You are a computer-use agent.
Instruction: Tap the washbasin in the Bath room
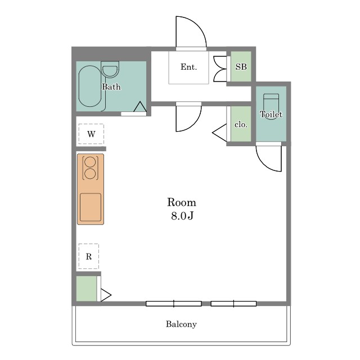click(x=110, y=69)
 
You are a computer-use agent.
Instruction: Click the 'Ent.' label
click(x=189, y=67)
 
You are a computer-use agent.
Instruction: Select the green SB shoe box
click(x=241, y=66)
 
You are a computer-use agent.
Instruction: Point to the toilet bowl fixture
click(x=271, y=106)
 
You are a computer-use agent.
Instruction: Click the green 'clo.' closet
click(x=241, y=124)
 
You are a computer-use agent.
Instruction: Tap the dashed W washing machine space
click(x=91, y=134)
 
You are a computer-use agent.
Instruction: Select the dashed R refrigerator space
click(x=89, y=256)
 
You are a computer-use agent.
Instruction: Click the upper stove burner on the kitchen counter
click(x=90, y=162)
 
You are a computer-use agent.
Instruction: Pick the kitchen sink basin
click(x=91, y=208)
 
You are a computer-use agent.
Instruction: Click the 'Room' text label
click(x=182, y=202)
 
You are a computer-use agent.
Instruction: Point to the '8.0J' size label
click(x=182, y=215)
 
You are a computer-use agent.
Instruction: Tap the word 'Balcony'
click(x=181, y=324)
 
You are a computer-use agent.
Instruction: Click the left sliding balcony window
click(x=174, y=304)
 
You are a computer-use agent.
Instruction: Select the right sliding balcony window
click(x=233, y=304)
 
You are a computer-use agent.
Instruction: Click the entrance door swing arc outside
click(x=199, y=25)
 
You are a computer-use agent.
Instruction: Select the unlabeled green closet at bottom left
click(x=86, y=289)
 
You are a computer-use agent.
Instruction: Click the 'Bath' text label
click(x=111, y=87)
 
